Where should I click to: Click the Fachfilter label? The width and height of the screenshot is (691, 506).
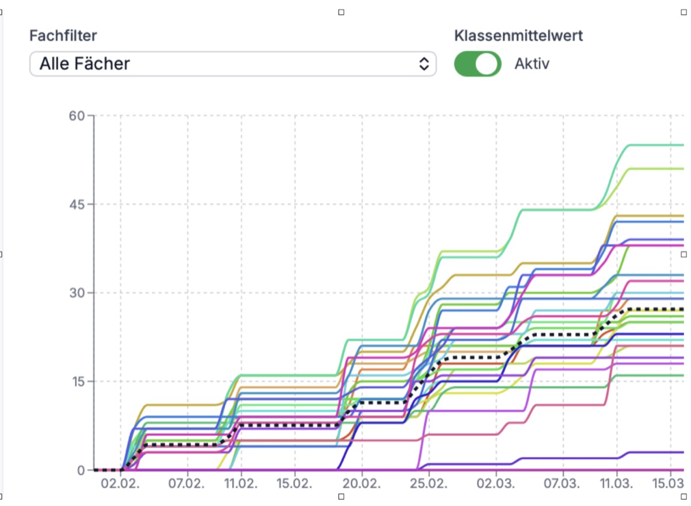coord(63,36)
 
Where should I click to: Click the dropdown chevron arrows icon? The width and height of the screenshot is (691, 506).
coord(424,64)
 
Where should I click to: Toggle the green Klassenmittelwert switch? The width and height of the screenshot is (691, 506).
coord(477,64)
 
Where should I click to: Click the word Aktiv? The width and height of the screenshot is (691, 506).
coord(532,64)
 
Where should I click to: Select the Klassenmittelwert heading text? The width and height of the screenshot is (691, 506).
coord(518,36)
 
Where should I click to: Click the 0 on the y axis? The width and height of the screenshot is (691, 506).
coord(82,470)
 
